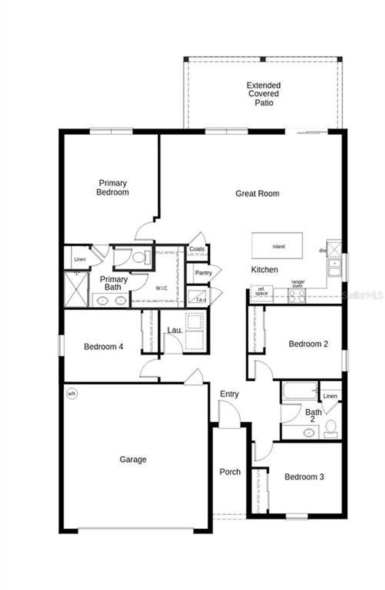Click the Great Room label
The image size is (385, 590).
click(257, 193)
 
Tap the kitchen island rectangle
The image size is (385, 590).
click(277, 246)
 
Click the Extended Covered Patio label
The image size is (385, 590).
click(263, 94)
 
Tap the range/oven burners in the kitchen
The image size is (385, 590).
click(297, 296)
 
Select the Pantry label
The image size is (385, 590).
click(203, 273)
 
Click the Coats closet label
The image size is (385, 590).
click(197, 249)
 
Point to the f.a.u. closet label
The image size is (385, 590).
click(201, 300)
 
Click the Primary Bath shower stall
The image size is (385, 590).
click(76, 289)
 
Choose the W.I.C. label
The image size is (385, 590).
click(162, 288)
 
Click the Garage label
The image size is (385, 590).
click(133, 459)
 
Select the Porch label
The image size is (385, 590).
click(230, 472)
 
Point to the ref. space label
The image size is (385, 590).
click(261, 291)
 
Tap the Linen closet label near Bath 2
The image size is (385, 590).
click(330, 396)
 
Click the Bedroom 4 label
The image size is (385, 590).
click(103, 347)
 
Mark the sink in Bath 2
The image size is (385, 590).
click(309, 433)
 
